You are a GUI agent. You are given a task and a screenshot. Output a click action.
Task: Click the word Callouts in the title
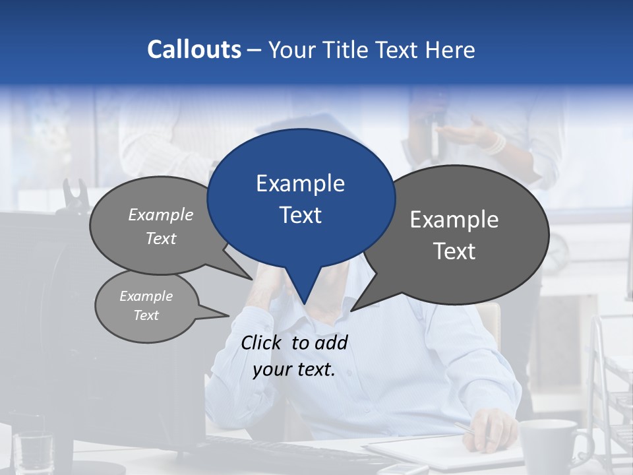click(x=194, y=49)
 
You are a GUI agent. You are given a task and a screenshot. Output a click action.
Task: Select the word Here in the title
click(x=451, y=49)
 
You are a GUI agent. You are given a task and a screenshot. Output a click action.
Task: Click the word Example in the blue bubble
click(x=300, y=183)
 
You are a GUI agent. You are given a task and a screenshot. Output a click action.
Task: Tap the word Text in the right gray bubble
click(x=454, y=251)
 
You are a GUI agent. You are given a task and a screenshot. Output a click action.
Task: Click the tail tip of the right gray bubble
click(x=352, y=309)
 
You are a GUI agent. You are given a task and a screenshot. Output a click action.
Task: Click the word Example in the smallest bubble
click(x=146, y=296)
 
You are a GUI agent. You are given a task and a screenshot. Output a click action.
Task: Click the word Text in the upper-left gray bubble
click(x=161, y=239)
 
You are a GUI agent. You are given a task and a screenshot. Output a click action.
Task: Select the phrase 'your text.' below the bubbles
click(x=294, y=369)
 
